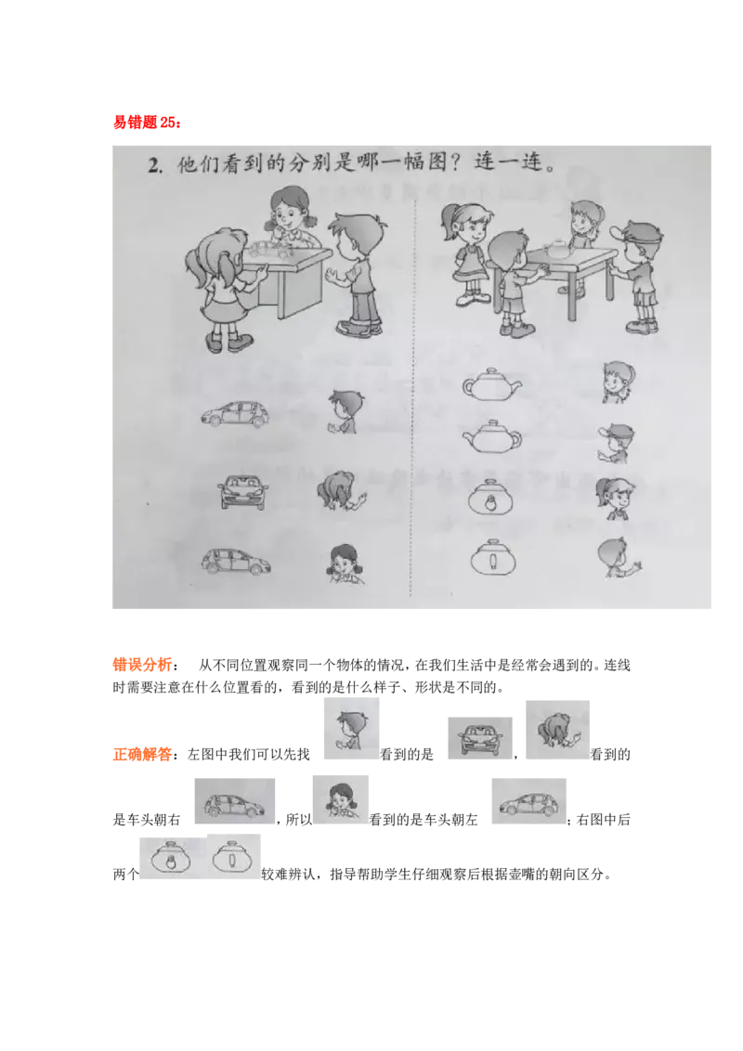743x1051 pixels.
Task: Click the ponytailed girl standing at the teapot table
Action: tap(468, 251)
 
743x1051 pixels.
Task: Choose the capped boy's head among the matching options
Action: tap(615, 443)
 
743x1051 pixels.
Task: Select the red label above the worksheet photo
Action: tap(145, 122)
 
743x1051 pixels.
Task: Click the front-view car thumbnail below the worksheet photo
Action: tap(479, 738)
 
